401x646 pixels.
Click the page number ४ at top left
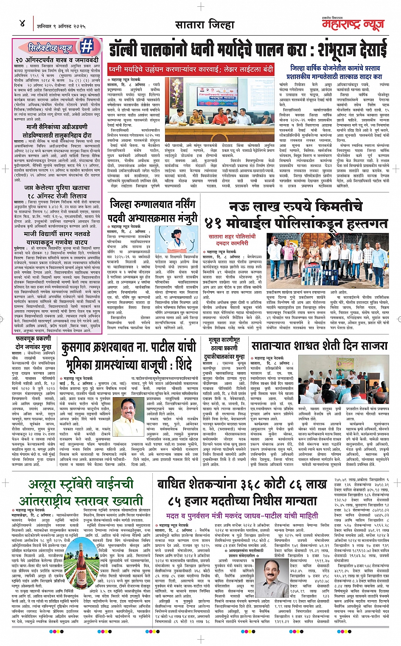22,24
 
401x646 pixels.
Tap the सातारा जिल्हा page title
205,24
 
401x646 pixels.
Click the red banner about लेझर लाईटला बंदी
191,69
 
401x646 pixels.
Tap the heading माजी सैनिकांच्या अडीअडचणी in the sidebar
57,127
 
